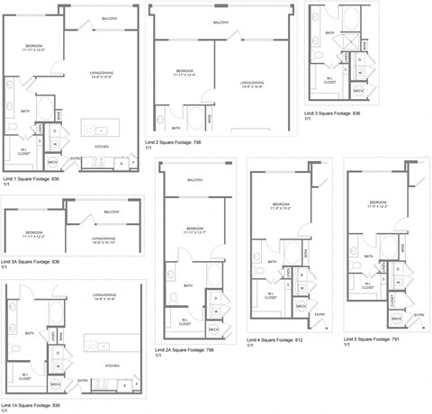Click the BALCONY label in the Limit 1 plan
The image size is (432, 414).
[108, 19]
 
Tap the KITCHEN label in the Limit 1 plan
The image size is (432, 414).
[103, 146]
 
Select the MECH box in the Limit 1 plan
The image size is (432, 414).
[52, 163]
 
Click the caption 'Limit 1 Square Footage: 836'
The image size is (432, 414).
[31, 180]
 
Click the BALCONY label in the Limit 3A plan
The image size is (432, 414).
[112, 212]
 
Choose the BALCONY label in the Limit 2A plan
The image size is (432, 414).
[195, 180]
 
